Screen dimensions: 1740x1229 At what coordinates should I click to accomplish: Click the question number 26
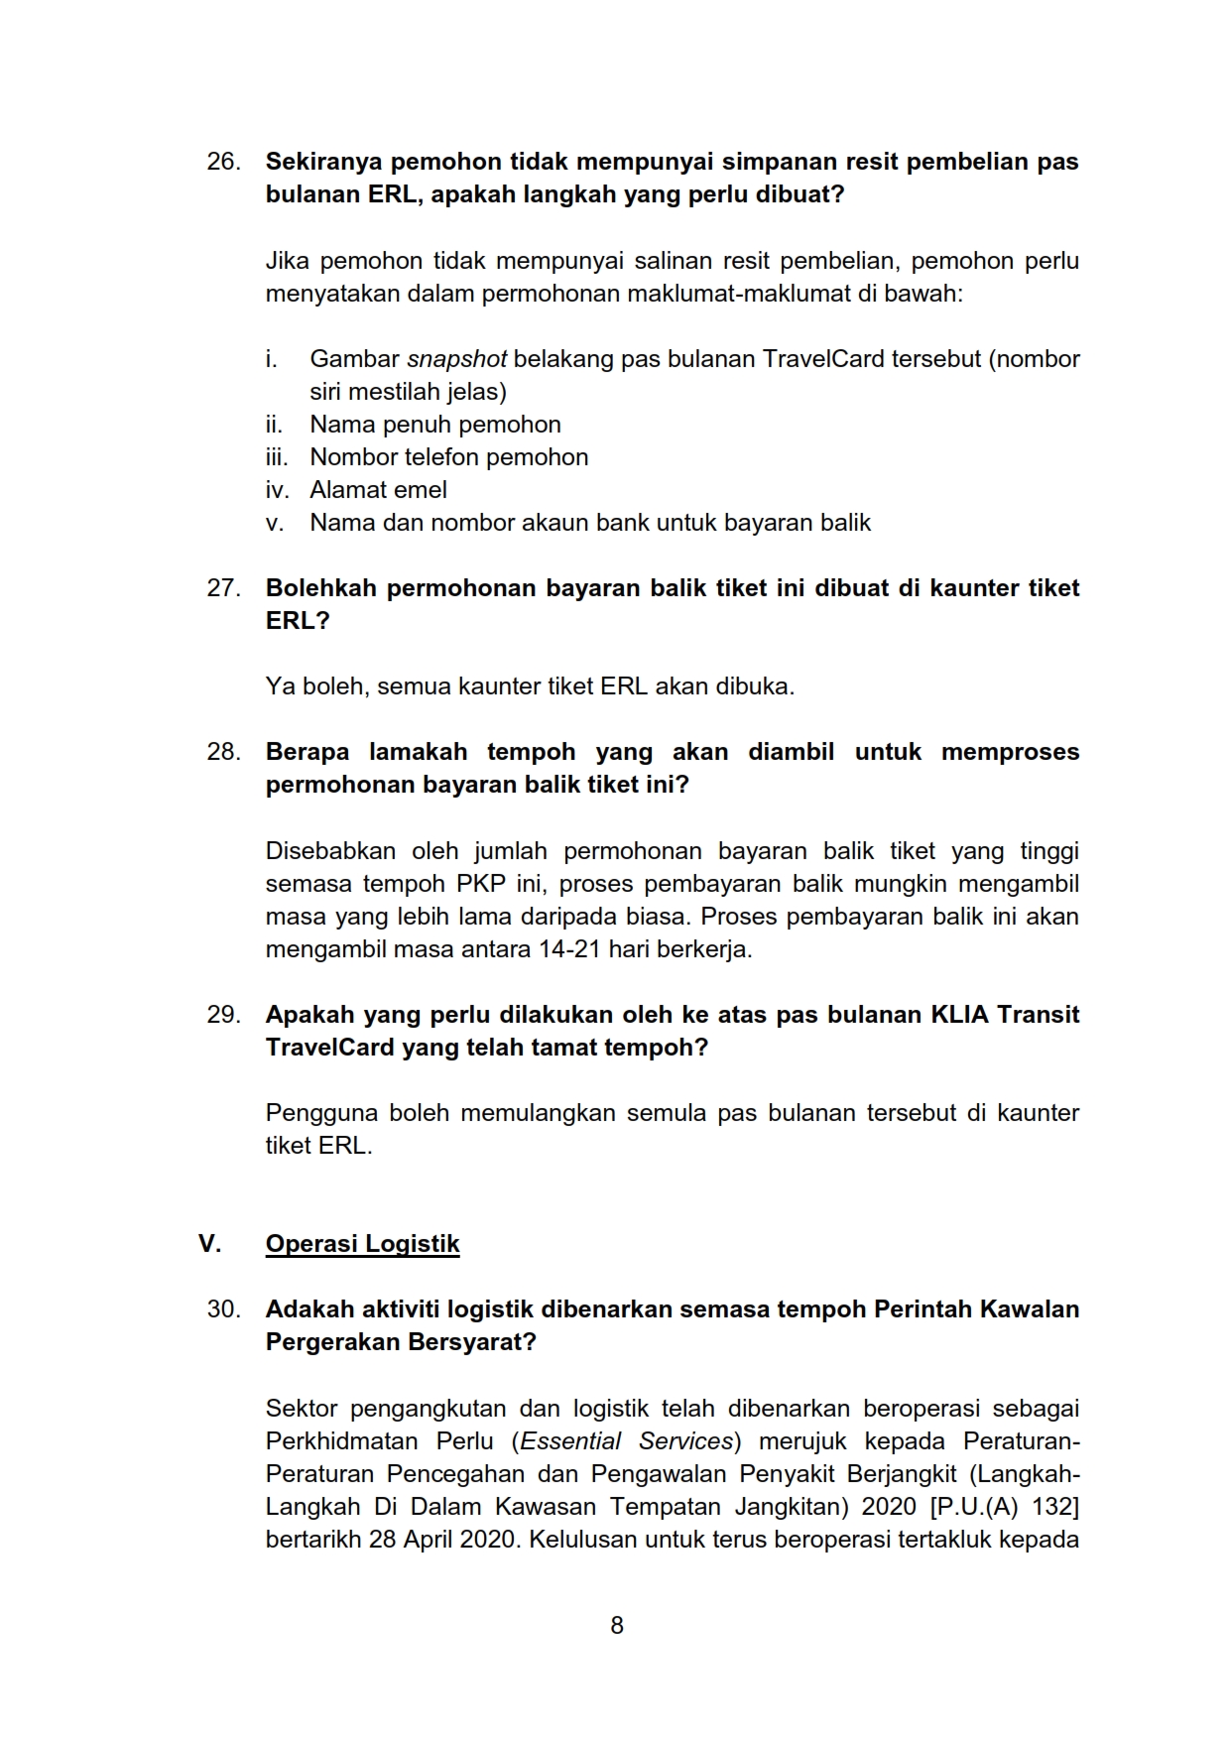pos(223,162)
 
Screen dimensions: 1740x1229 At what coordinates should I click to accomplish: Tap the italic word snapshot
pos(456,359)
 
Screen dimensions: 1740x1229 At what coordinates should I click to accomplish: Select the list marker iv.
pos(277,490)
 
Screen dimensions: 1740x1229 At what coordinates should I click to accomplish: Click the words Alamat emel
pos(378,490)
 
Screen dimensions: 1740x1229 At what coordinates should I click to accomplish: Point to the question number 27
pos(223,588)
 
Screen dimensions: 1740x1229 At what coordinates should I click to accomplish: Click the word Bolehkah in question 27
pos(320,588)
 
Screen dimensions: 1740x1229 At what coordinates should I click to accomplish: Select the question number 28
pos(223,752)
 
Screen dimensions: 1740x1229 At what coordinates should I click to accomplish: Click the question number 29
pos(223,1015)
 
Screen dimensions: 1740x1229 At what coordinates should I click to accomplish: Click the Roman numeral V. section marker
pos(209,1244)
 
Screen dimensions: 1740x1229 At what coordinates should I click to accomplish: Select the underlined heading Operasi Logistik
pos(362,1244)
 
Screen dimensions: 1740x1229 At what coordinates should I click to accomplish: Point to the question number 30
pos(223,1309)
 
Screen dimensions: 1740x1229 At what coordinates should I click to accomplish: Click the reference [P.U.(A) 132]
pos(1004,1507)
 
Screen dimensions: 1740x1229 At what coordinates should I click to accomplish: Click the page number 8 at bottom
pos(617,1625)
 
